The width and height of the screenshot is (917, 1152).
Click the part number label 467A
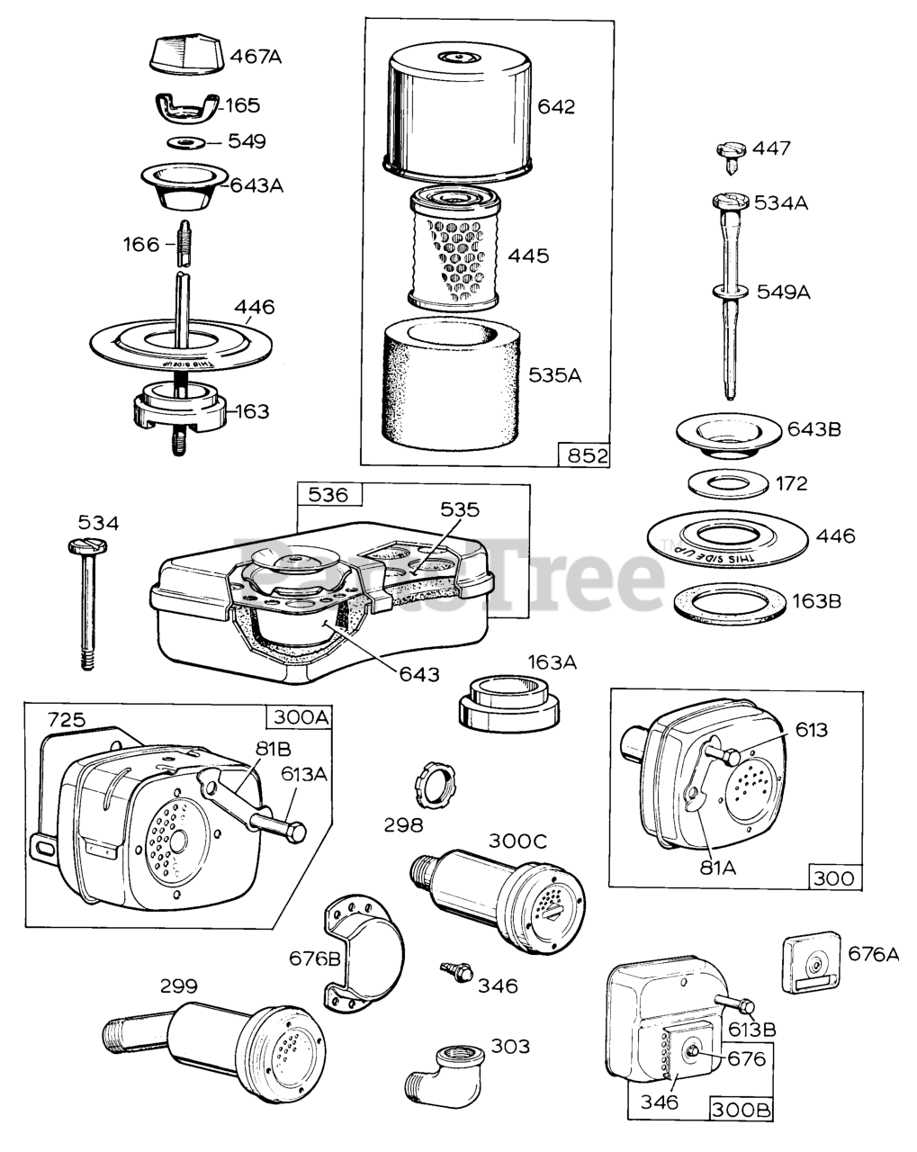pyautogui.click(x=256, y=57)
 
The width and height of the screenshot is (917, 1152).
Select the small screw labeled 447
pyautogui.click(x=732, y=155)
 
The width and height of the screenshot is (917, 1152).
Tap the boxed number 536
pyautogui.click(x=329, y=494)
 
